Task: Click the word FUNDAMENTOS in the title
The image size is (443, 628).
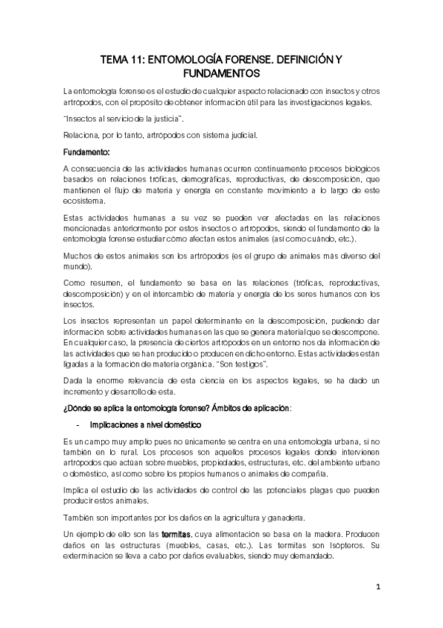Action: point(221,74)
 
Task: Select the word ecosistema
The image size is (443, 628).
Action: point(84,201)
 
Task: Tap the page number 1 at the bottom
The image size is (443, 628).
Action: point(377,589)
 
